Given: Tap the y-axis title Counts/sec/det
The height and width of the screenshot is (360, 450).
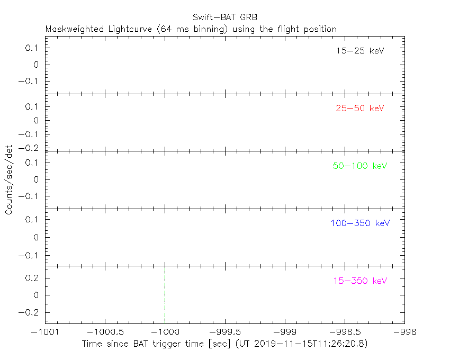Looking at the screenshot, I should (9, 179).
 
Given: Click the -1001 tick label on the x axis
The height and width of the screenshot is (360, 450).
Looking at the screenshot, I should (45, 332).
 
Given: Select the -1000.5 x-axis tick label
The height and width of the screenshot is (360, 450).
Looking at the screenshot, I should (105, 332).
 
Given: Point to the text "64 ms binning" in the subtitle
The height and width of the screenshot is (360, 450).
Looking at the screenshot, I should (194, 29).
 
